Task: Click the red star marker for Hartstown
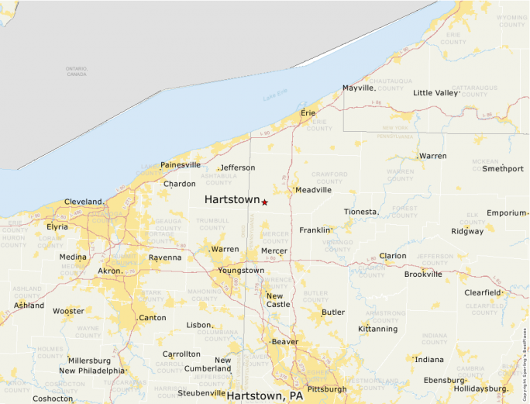264,202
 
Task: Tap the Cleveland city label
83,202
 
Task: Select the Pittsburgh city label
326,388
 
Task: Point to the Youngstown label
241,271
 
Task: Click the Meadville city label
314,190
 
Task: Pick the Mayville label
358,88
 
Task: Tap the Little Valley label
435,93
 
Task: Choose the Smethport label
503,168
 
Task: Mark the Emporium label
507,213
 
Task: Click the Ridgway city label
467,231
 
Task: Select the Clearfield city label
482,292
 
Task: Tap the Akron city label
109,271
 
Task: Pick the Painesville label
181,165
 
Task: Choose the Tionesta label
360,212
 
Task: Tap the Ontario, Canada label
76,71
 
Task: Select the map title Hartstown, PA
264,395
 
